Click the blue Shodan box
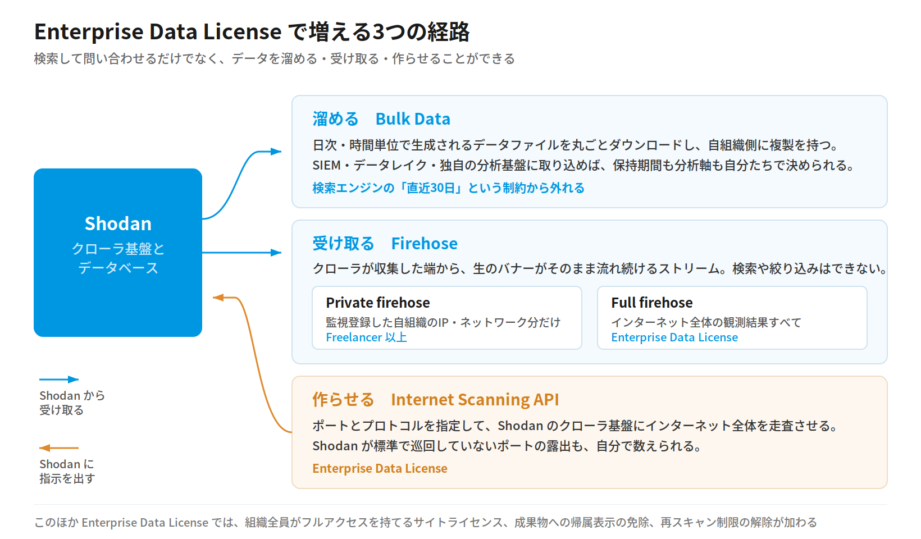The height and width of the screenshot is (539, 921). click(x=118, y=253)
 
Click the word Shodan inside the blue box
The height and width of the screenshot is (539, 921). click(x=118, y=223)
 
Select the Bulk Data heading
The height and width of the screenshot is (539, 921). click(x=413, y=119)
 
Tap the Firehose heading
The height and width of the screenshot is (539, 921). click(x=424, y=244)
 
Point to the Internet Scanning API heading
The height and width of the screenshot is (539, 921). click(x=475, y=399)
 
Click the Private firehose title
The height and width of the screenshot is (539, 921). click(x=377, y=303)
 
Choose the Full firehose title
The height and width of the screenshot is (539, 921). click(x=651, y=303)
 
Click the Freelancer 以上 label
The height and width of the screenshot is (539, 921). click(x=366, y=337)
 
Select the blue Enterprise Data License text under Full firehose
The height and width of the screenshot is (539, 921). click(x=674, y=337)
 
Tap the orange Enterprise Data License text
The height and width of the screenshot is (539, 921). click(x=380, y=468)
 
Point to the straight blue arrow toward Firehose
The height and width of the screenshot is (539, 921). click(x=241, y=253)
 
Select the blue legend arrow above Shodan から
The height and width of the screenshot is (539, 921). click(x=59, y=379)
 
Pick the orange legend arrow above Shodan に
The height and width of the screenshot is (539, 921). click(x=59, y=447)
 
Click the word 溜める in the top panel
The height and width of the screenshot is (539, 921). click(x=335, y=119)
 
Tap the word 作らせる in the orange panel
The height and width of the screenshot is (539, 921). click(x=343, y=399)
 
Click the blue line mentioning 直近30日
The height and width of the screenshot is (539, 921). click(x=448, y=188)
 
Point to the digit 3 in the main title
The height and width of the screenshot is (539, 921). click(x=378, y=32)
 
